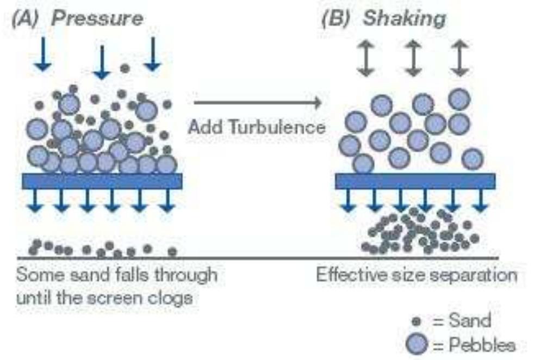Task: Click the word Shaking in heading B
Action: (404, 18)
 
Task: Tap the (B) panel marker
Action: (337, 18)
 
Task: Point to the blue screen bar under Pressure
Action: (102, 181)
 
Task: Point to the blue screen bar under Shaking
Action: (415, 181)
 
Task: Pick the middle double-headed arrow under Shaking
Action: (414, 57)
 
